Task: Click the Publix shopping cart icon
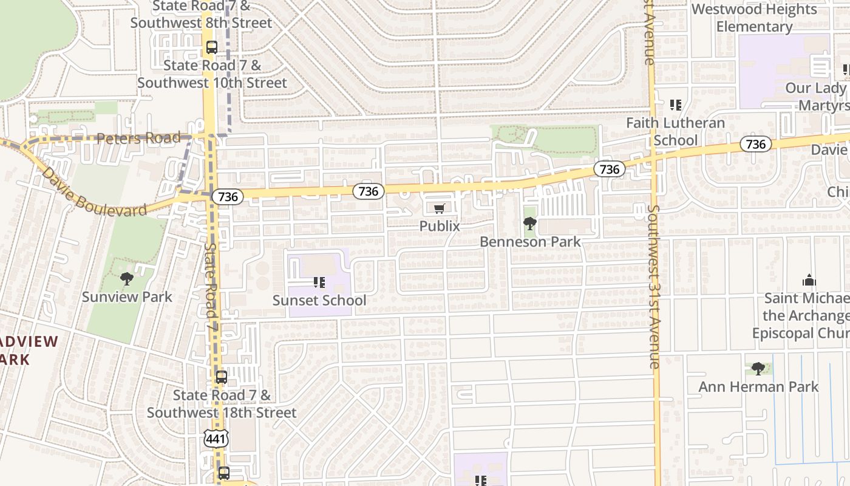[x=440, y=209]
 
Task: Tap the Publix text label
[x=440, y=226]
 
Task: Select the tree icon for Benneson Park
[x=529, y=224]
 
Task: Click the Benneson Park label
[x=530, y=242]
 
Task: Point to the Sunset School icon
[x=319, y=282]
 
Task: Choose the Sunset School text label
[x=319, y=301]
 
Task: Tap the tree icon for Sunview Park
[x=127, y=279]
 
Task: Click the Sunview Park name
[x=127, y=297]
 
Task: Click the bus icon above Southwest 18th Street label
[x=222, y=377]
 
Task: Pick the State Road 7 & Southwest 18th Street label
[x=222, y=404]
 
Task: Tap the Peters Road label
[x=139, y=139]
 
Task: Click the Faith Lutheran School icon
[x=676, y=105]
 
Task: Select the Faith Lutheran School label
[x=675, y=131]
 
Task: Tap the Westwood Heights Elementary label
[x=754, y=18]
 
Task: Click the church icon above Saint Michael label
[x=809, y=281]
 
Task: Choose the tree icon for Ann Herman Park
[x=758, y=368]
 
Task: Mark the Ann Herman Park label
[x=758, y=387]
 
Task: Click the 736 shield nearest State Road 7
[x=228, y=197]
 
